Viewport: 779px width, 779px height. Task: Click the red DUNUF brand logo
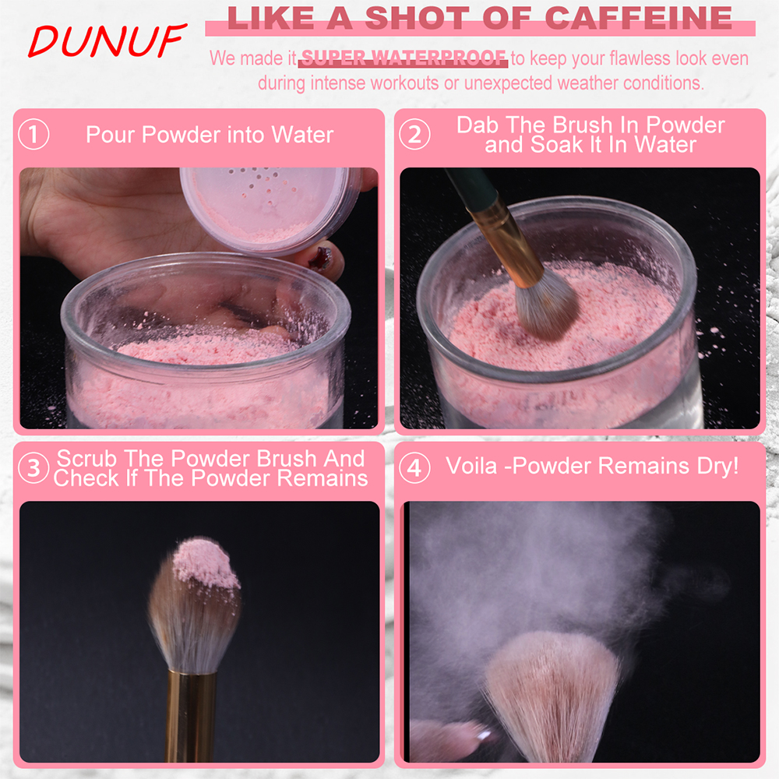[x=107, y=41]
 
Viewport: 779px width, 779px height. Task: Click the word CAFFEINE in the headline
[x=639, y=19]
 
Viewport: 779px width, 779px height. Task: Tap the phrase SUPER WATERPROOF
[x=404, y=58]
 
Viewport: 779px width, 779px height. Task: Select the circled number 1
[x=33, y=134]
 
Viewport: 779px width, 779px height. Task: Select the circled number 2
[x=414, y=134]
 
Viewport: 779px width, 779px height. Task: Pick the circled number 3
[x=33, y=467]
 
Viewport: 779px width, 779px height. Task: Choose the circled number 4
[x=414, y=467]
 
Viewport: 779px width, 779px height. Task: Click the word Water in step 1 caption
[x=302, y=135]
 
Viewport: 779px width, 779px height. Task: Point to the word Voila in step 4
[x=471, y=466]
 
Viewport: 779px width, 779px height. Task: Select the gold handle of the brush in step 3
[x=190, y=715]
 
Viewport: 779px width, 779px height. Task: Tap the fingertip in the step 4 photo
[x=449, y=739]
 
